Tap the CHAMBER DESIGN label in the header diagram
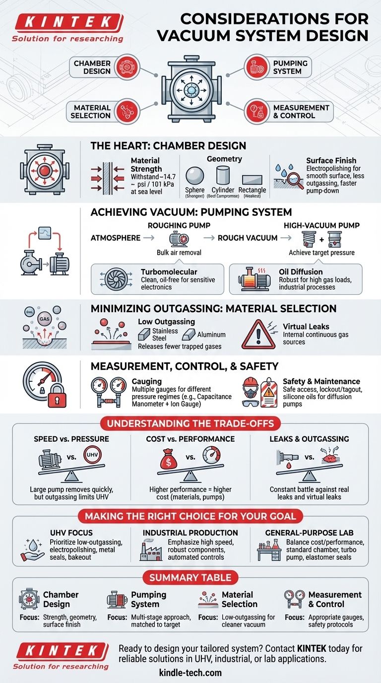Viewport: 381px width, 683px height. [x=92, y=67]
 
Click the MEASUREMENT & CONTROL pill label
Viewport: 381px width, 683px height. [x=301, y=112]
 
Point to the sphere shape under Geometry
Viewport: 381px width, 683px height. [x=194, y=176]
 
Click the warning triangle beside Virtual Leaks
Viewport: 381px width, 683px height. [x=258, y=337]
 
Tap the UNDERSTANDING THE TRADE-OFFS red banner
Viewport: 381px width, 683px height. [x=190, y=423]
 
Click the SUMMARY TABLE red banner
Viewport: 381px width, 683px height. [x=190, y=577]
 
